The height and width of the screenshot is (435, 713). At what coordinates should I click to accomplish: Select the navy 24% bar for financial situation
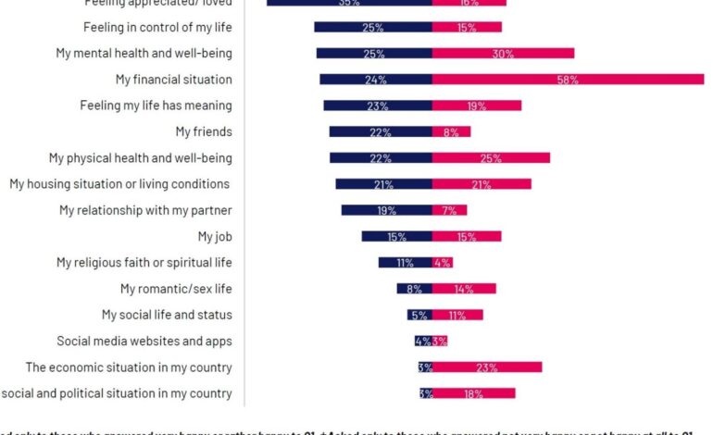376,80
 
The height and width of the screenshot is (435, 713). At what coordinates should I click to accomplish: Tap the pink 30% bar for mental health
503,54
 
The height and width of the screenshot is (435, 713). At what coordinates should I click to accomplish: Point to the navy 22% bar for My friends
381,132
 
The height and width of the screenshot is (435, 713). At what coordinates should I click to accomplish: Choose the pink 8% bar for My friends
451,132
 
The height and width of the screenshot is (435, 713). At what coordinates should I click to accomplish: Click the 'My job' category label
215,237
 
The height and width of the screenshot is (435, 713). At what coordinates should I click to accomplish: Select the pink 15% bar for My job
467,237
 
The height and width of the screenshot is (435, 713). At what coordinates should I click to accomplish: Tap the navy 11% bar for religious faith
405,263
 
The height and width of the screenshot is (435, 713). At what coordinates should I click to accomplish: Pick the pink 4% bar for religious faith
442,263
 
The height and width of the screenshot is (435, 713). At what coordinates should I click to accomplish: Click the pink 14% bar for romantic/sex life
464,289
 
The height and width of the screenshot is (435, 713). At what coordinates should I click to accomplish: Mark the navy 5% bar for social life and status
419,316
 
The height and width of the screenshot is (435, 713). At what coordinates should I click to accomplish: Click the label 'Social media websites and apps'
144,342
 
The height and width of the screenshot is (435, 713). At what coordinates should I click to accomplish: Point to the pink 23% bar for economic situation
487,367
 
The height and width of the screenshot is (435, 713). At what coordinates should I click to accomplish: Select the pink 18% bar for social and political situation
473,393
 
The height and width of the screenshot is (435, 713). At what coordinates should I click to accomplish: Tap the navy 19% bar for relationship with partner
386,210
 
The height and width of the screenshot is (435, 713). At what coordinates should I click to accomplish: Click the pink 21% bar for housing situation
482,184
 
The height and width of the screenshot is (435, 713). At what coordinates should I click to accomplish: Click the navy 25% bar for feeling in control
373,27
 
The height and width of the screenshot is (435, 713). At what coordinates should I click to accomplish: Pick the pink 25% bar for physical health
491,158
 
